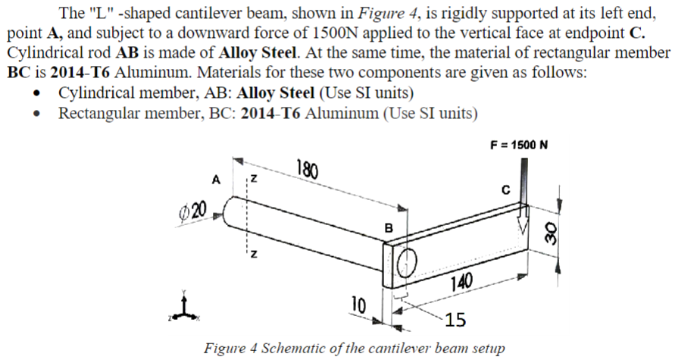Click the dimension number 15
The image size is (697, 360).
click(456, 319)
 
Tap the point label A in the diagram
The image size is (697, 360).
click(216, 180)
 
